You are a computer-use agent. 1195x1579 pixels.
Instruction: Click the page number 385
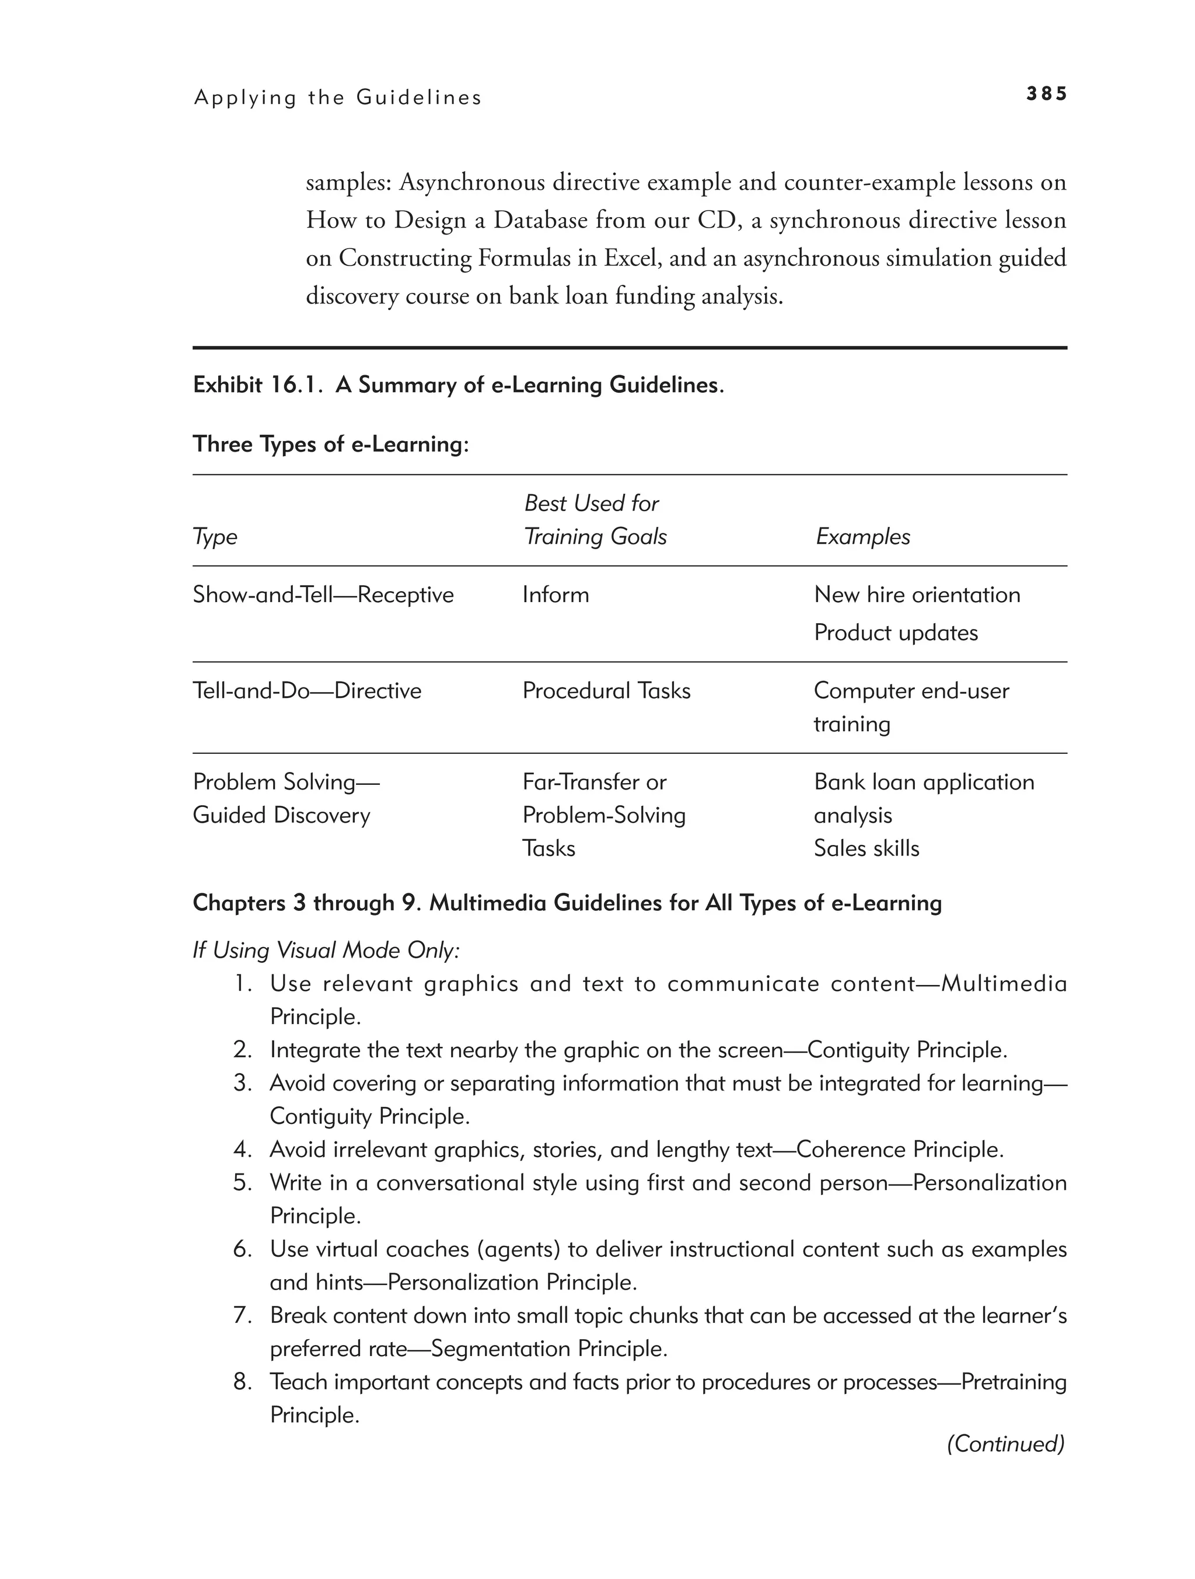pyautogui.click(x=1046, y=93)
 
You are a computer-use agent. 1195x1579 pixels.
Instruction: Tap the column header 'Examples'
pyautogui.click(x=862, y=536)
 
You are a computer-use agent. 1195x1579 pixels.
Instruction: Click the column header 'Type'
pyautogui.click(x=215, y=536)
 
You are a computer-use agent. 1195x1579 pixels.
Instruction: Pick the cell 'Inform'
pyautogui.click(x=555, y=595)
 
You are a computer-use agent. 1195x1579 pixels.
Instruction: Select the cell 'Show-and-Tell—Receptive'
pyautogui.click(x=323, y=595)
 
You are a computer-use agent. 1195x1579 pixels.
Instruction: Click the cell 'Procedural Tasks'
pyautogui.click(x=606, y=690)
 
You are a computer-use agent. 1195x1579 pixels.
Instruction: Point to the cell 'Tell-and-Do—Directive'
pyautogui.click(x=307, y=690)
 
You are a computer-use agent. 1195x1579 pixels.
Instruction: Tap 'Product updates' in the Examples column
pyautogui.click(x=895, y=633)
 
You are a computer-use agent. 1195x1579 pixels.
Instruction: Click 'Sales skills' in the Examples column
pyautogui.click(x=866, y=848)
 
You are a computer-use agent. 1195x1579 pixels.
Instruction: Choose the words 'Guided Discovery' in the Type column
pyautogui.click(x=281, y=815)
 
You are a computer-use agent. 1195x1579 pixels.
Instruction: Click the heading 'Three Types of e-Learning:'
pyautogui.click(x=330, y=444)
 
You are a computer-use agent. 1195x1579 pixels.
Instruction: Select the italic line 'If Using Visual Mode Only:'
pyautogui.click(x=326, y=950)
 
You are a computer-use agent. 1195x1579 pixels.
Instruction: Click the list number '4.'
pyautogui.click(x=243, y=1150)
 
